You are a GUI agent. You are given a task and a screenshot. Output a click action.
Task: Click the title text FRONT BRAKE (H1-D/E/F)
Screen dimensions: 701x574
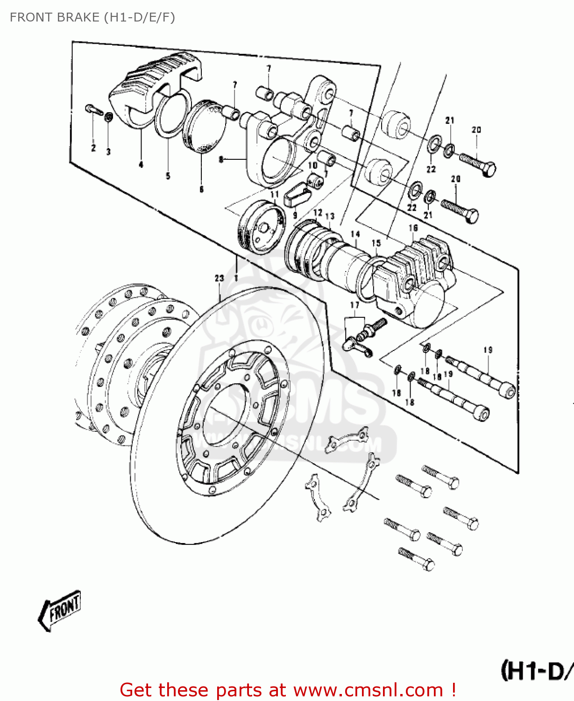[x=92, y=17]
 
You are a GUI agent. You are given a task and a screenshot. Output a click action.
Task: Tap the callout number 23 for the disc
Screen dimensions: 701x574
[x=219, y=278]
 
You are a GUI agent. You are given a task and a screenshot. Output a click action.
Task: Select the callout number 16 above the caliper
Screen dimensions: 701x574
[x=413, y=228]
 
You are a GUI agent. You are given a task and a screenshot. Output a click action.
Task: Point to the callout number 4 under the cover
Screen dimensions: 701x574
[x=141, y=164]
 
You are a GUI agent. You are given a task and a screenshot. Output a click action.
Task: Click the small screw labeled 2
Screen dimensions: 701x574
[x=94, y=110]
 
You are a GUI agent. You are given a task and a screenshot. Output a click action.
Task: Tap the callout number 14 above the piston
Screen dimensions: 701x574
[x=355, y=234]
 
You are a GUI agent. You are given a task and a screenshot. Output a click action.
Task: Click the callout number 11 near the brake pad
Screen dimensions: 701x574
[x=274, y=194]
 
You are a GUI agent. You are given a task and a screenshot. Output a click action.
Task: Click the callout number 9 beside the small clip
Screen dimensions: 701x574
[x=295, y=215]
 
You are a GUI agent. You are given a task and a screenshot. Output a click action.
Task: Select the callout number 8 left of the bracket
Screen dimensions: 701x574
[x=221, y=160]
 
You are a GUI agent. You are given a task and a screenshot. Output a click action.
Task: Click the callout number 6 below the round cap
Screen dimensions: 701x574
[x=201, y=189]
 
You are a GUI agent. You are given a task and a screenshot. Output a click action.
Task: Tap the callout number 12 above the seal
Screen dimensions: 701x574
[x=318, y=213]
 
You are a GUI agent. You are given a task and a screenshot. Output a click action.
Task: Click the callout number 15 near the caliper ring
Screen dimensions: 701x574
[x=376, y=243]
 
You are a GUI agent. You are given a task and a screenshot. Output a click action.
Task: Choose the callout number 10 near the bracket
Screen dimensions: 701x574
[x=312, y=165]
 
